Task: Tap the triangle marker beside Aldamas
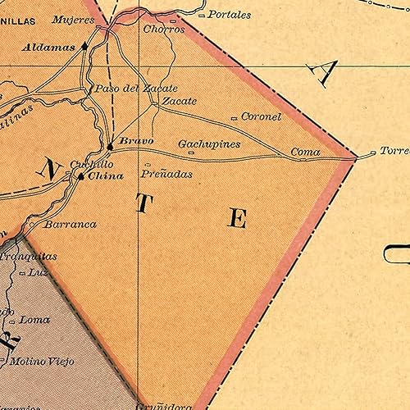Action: click(84, 47)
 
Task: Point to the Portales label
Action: click(229, 14)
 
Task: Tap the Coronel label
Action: click(262, 117)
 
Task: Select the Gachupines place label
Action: click(209, 143)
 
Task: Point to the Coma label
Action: click(305, 153)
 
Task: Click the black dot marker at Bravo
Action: click(111, 147)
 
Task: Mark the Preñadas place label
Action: click(166, 174)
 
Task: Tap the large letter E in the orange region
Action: click(236, 219)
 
